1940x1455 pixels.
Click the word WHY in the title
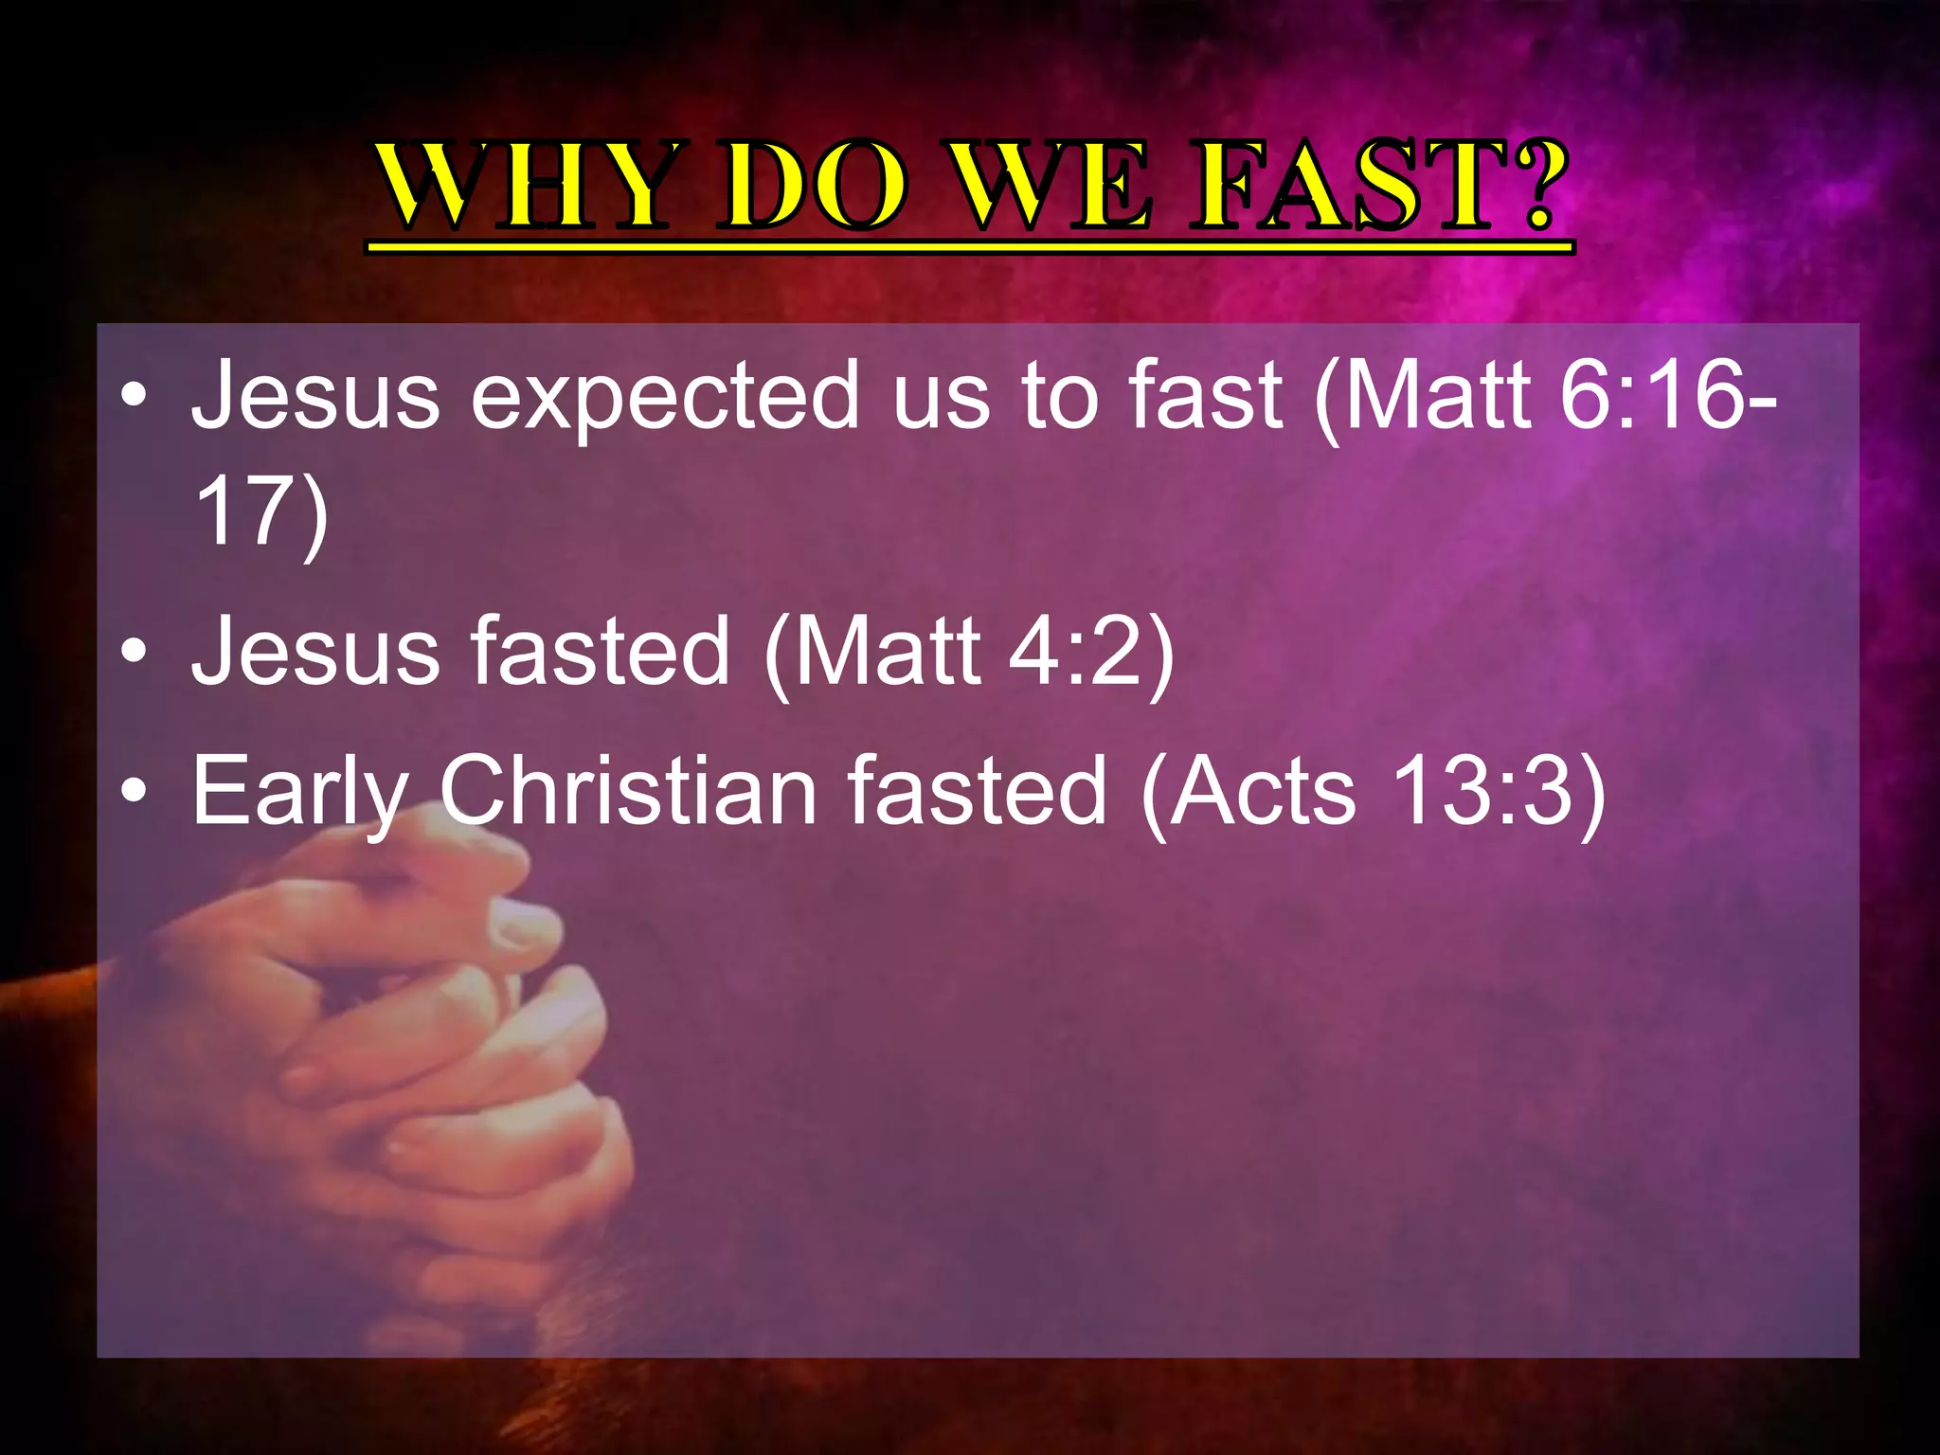click(521, 186)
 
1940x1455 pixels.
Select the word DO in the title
click(810, 186)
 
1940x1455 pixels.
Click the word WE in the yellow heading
click(1051, 186)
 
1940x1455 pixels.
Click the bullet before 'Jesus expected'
click(135, 396)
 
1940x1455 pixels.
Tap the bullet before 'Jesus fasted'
click(135, 652)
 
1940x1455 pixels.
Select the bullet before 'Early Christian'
click(135, 791)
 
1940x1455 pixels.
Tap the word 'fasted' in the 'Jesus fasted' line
click(602, 652)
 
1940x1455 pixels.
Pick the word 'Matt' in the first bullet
click(1435, 396)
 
